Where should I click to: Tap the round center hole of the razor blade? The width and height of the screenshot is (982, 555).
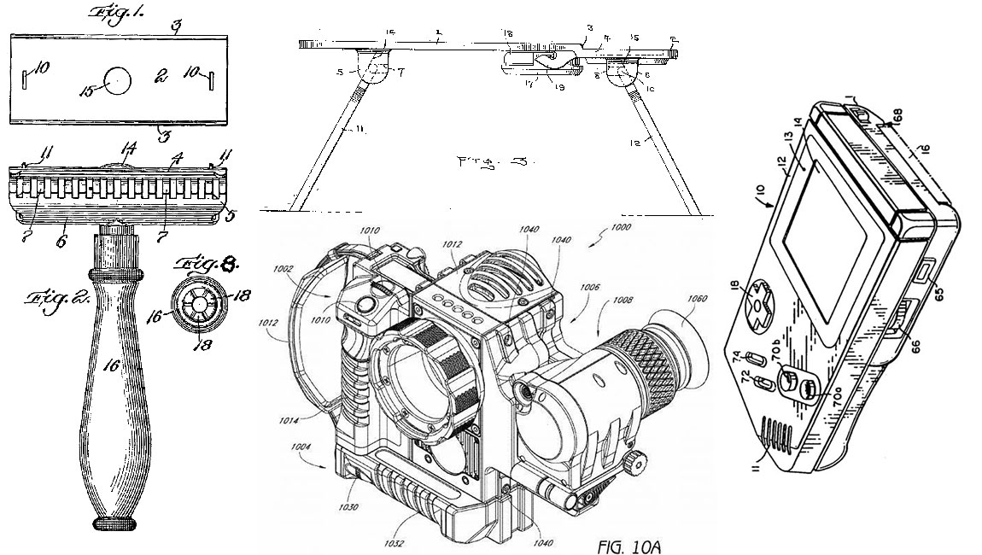click(119, 82)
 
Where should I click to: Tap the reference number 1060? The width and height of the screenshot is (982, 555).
click(697, 300)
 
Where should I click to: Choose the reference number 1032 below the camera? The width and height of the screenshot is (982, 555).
click(395, 540)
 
